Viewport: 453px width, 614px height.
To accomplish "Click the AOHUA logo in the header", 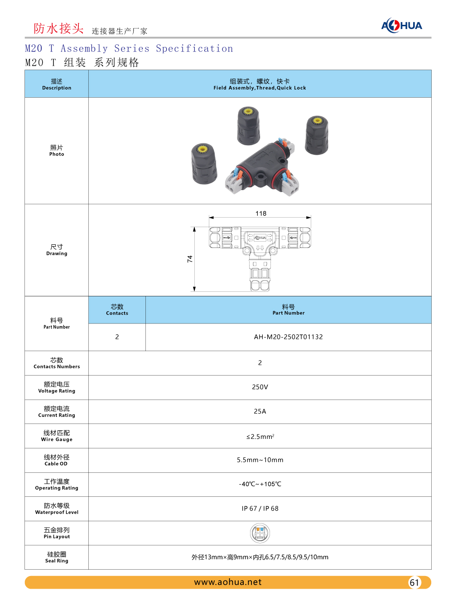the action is [x=401, y=25].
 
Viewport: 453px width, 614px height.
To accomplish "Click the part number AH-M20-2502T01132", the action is [x=288, y=337].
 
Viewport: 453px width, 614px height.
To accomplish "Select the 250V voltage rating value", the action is [x=260, y=387].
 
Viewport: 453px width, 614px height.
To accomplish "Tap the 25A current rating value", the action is [x=260, y=412].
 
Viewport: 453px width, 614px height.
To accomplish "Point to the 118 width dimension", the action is [x=261, y=214].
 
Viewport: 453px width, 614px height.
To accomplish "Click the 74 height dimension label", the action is [x=190, y=259].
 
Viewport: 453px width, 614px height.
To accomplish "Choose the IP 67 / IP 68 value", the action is [x=260, y=509].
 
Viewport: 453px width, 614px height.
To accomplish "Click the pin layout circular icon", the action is [x=260, y=533].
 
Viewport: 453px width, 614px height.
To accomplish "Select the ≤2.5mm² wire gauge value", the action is [x=260, y=437].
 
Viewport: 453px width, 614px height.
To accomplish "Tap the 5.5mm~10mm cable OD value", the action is [x=260, y=460].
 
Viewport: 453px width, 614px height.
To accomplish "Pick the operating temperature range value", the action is [x=260, y=484].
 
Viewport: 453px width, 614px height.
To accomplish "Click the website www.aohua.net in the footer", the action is [x=228, y=582].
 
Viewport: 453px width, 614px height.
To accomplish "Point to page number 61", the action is [x=414, y=583].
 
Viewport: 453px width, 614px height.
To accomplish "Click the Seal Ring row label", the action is [x=57, y=557].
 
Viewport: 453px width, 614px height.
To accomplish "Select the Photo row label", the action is [x=57, y=151].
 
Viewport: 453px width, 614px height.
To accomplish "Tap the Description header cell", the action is [x=57, y=84].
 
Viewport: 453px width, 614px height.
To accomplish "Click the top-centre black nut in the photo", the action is [x=248, y=126].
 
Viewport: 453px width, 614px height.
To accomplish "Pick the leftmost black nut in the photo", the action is [x=204, y=164].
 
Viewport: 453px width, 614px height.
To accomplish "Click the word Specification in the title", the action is [x=194, y=49].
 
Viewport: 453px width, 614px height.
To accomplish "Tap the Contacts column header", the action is [x=117, y=310].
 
